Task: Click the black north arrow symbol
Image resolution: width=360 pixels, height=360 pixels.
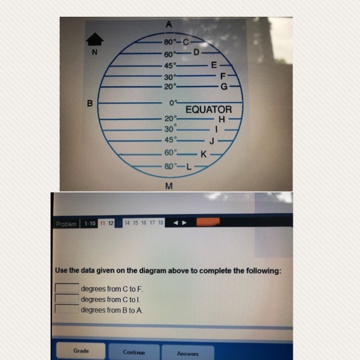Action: [x=95, y=39]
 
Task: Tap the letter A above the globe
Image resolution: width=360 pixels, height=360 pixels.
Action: [x=169, y=24]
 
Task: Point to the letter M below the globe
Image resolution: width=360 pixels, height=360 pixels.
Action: [x=169, y=186]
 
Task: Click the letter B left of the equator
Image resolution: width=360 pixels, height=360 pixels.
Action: [x=90, y=103]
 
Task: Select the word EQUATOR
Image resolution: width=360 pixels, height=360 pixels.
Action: [x=209, y=109]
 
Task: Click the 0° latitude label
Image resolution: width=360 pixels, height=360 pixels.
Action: [x=173, y=103]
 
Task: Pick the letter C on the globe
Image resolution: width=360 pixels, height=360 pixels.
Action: [x=186, y=42]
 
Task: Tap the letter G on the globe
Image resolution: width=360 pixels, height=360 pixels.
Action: [x=224, y=86]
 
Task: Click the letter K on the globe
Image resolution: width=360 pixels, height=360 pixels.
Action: [x=204, y=154]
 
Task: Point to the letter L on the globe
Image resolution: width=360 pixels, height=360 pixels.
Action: [x=189, y=167]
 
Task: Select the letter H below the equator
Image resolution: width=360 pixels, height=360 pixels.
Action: [x=222, y=120]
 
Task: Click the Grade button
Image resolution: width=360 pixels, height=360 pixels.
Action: [x=81, y=350]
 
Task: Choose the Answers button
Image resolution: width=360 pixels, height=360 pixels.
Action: [x=188, y=353]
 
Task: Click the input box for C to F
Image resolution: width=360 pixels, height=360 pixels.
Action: [x=67, y=288]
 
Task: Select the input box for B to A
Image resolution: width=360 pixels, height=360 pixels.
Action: [x=67, y=309]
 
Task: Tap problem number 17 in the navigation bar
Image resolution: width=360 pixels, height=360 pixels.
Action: [x=152, y=222]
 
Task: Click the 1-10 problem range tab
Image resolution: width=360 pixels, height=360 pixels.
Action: [x=90, y=223]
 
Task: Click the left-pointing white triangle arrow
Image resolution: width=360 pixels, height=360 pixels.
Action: [x=176, y=223]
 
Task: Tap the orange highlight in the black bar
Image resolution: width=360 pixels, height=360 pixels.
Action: [x=208, y=222]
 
